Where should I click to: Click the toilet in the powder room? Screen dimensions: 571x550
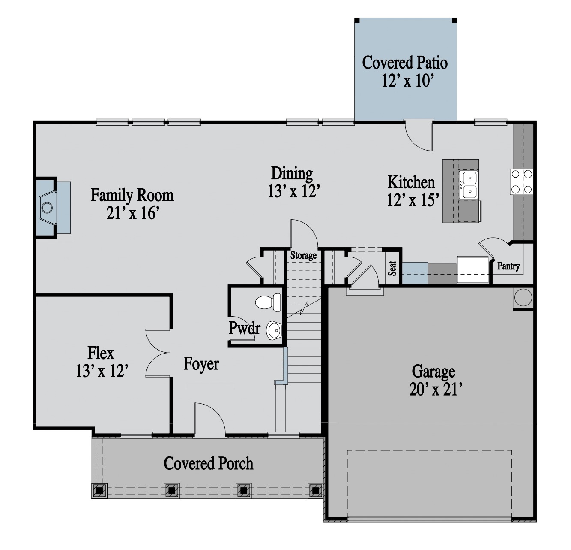tap(268, 302)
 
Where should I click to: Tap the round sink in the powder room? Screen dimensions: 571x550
tap(274, 330)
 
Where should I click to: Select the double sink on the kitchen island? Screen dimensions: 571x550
tap(469, 185)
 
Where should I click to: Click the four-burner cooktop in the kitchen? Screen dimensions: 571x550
tap(521, 182)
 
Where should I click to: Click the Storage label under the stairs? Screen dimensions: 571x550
tap(303, 255)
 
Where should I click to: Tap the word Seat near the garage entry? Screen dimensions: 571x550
tap(392, 268)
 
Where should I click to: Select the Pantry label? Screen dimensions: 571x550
tap(508, 266)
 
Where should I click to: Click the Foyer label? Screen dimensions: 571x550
tap(201, 364)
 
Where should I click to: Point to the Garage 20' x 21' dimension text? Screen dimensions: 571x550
tap(436, 390)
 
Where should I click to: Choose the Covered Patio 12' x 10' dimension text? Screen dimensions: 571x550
tap(407, 80)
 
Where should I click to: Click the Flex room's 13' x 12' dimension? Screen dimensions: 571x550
tap(102, 371)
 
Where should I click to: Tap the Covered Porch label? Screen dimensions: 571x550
tap(208, 463)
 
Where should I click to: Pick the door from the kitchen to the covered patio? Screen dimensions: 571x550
tap(419, 135)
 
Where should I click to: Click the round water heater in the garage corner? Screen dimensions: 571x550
tap(523, 297)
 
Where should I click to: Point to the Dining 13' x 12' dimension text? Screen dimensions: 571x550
tap(293, 190)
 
